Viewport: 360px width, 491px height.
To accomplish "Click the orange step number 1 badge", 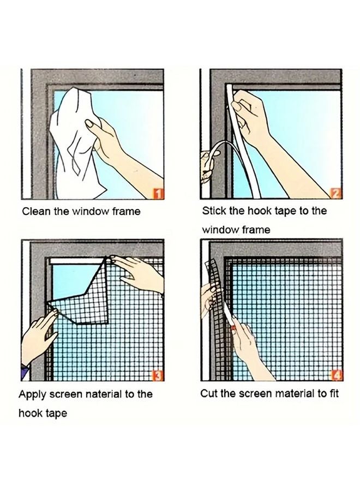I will [157, 193].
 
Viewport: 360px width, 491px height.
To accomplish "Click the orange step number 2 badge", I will [335, 192].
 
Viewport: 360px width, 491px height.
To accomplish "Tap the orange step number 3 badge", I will [157, 375].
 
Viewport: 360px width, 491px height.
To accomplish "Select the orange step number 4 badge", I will [335, 375].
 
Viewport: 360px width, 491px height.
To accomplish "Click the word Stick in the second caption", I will [214, 211].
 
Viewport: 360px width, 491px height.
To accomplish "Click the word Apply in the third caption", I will [32, 394].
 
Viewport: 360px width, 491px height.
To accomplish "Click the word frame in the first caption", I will [125, 212].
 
